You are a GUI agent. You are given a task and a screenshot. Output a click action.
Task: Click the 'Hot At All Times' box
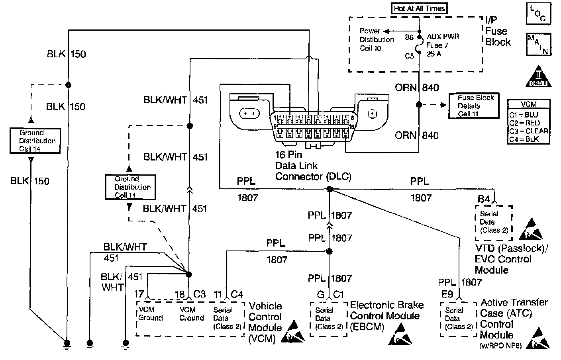click(419, 8)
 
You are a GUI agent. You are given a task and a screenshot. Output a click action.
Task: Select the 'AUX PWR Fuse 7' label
click(443, 41)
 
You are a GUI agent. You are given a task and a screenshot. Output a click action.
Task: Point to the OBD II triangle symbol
click(538, 76)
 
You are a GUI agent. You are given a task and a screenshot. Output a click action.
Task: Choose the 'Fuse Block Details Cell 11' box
click(474, 106)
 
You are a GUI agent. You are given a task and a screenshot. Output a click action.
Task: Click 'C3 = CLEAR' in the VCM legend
click(529, 131)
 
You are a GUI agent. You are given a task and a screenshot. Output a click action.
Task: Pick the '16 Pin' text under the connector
click(288, 155)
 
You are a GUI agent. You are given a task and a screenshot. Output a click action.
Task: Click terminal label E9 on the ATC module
click(447, 294)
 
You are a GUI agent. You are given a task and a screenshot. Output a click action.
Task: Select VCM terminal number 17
click(139, 294)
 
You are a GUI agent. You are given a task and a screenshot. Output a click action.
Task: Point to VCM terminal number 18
click(180, 294)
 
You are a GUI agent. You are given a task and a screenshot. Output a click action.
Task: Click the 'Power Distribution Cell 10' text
click(377, 39)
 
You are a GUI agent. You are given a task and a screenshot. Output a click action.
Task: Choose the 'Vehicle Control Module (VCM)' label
click(265, 322)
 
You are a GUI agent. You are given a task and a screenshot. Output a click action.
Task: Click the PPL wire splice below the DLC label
click(329, 189)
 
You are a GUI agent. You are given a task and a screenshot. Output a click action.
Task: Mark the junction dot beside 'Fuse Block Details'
click(419, 105)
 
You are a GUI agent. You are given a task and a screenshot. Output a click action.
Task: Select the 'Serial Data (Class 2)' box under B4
click(493, 223)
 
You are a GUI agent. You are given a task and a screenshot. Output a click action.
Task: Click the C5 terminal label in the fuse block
click(410, 56)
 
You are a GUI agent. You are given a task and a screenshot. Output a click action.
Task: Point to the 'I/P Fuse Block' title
click(497, 31)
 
